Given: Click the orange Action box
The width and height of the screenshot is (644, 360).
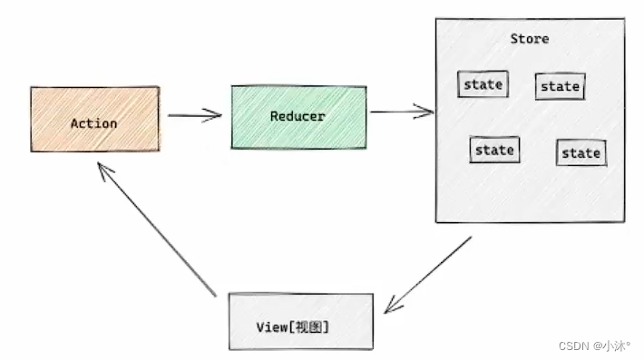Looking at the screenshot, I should click(x=94, y=119).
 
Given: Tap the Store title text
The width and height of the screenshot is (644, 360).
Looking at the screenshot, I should click(x=529, y=39).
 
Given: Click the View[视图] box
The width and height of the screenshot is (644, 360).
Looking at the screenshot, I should click(x=300, y=321).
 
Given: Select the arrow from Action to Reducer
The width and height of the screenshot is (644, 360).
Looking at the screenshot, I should click(x=194, y=115).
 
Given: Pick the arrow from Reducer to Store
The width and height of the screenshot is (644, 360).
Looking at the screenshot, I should click(x=401, y=112).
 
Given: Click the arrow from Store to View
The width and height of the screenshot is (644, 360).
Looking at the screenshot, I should click(x=428, y=275).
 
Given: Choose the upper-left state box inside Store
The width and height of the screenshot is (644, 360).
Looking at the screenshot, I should click(x=483, y=84).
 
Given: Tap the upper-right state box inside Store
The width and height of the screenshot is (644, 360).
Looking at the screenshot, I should click(x=560, y=86).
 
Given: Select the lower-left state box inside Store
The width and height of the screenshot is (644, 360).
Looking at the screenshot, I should click(x=494, y=150).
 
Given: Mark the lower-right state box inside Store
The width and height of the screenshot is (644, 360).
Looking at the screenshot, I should click(x=581, y=152).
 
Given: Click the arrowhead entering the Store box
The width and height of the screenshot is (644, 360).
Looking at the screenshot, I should click(x=426, y=112).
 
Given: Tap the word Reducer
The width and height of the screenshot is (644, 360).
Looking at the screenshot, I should click(x=298, y=116).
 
